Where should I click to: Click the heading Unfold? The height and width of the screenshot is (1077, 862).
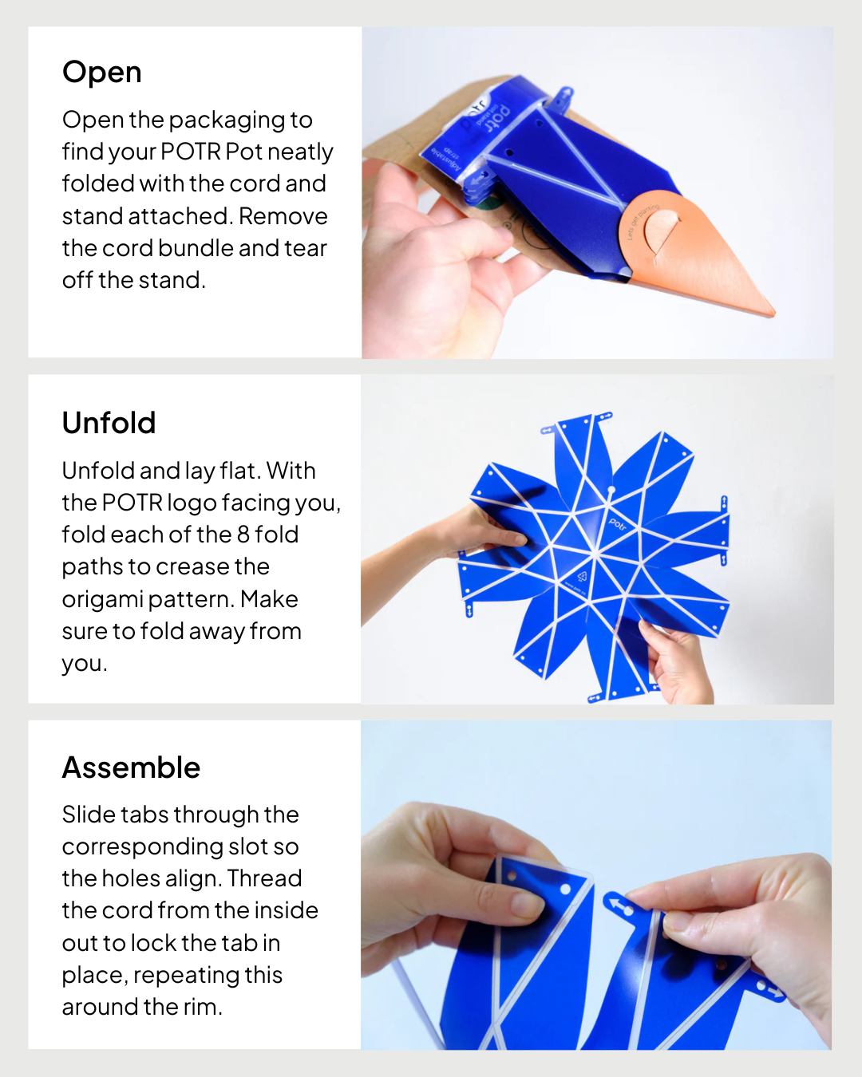coord(109,423)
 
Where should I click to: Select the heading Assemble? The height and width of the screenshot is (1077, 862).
coord(131,767)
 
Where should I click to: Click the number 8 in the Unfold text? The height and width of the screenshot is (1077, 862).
coord(243,535)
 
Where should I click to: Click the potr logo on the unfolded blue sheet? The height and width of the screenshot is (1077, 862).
coord(617,524)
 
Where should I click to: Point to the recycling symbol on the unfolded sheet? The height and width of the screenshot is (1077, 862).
coord(582,577)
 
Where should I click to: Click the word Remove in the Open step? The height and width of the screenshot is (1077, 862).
coord(283,217)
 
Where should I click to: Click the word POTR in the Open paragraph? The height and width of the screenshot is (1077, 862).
coord(190,152)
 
